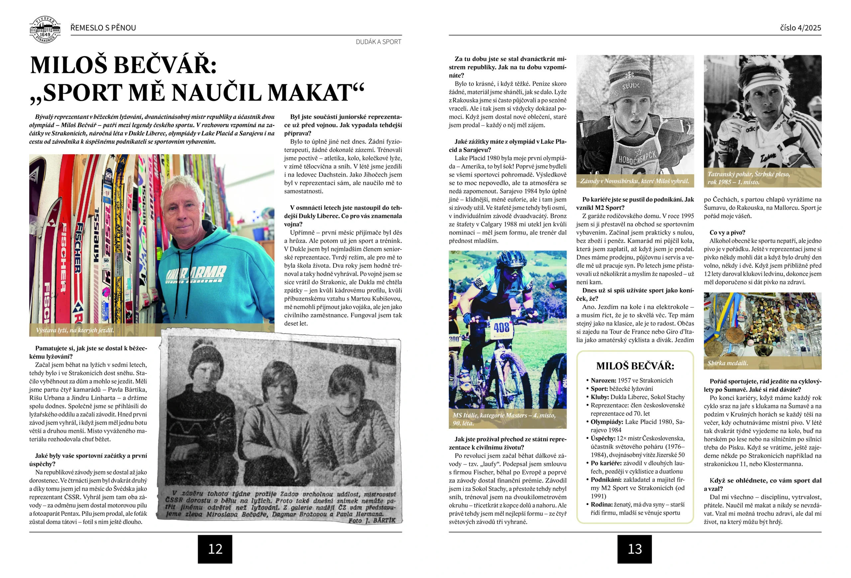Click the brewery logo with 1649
pyautogui.click(x=45, y=30)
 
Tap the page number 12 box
pyautogui.click(x=215, y=549)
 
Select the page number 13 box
pyautogui.click(x=634, y=549)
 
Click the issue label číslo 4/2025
pyautogui.click(x=800, y=28)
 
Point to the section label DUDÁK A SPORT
pyautogui.click(x=378, y=42)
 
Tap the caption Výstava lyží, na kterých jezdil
pyautogui.click(x=75, y=330)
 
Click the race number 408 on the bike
pyautogui.click(x=501, y=327)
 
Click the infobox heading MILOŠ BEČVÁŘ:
pyautogui.click(x=635, y=366)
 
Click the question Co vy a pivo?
pyautogui.click(x=727, y=232)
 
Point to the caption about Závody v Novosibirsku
pyautogui.click(x=634, y=181)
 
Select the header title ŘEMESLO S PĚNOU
pyautogui.click(x=103, y=28)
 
